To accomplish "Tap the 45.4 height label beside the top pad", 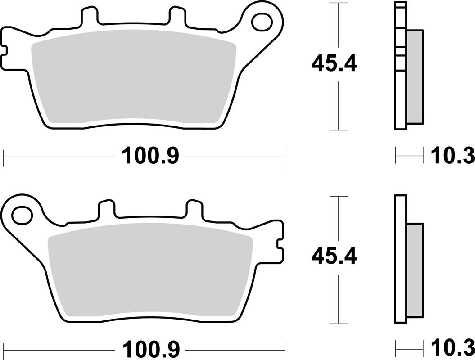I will point(334,65).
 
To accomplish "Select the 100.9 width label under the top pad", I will point(150,157).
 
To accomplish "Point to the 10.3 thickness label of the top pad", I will point(452,157).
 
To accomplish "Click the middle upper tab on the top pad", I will point(176,16).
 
